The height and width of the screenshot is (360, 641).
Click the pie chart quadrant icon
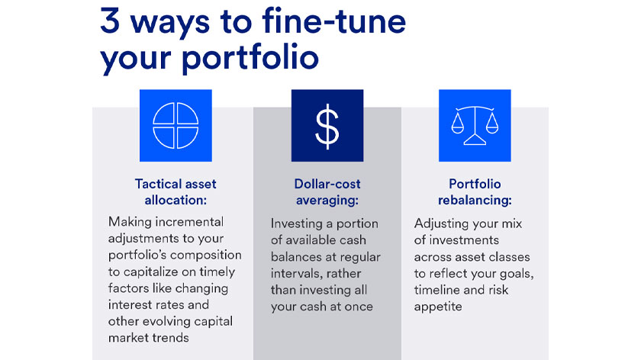(x=176, y=125)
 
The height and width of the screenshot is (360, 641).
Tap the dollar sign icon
(x=327, y=125)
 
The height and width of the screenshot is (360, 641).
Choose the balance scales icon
(x=475, y=125)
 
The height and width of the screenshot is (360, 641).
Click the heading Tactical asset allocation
(x=176, y=191)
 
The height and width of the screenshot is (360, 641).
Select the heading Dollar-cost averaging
(x=327, y=191)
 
